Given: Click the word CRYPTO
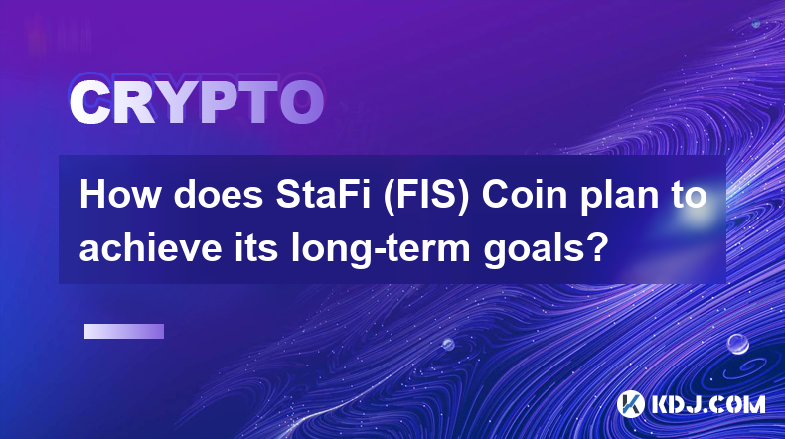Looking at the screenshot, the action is point(197,102).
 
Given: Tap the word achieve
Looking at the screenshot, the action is point(150,247).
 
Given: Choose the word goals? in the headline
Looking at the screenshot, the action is point(546,248).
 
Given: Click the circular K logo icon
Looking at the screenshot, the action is point(630,404).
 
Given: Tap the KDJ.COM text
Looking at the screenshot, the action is point(707,404).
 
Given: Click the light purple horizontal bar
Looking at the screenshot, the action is point(124,332).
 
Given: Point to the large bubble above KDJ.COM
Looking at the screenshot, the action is point(737,345).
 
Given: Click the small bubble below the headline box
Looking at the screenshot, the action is point(447,345).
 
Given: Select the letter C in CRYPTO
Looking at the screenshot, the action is point(89,102).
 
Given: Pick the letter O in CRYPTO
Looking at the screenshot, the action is point(301,102).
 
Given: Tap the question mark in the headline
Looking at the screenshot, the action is point(600,246).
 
